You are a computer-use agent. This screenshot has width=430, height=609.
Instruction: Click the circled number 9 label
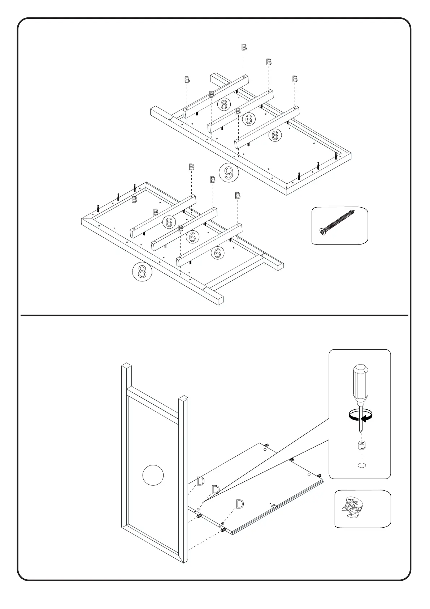(x=229, y=173)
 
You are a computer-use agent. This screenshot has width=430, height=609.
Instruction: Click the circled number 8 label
(x=142, y=272)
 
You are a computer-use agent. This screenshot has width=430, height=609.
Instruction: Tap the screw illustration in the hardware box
(x=338, y=221)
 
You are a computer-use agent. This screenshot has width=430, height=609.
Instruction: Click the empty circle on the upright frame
(x=153, y=475)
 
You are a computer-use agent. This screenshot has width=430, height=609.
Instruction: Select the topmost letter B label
(x=244, y=47)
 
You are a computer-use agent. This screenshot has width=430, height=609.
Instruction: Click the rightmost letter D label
(x=239, y=504)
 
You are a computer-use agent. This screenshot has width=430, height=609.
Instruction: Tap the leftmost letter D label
(x=200, y=481)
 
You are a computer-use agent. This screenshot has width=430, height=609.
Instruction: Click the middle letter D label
(x=215, y=490)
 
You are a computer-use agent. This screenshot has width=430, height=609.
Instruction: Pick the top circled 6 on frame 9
(x=224, y=105)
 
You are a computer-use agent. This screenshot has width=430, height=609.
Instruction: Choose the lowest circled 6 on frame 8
(x=217, y=253)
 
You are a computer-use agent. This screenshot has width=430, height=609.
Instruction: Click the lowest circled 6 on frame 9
(x=275, y=135)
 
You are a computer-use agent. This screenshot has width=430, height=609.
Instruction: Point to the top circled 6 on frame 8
(x=169, y=222)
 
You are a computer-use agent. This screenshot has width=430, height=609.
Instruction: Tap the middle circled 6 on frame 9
(x=249, y=119)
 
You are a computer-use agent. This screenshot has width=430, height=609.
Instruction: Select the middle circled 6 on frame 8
(x=192, y=237)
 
